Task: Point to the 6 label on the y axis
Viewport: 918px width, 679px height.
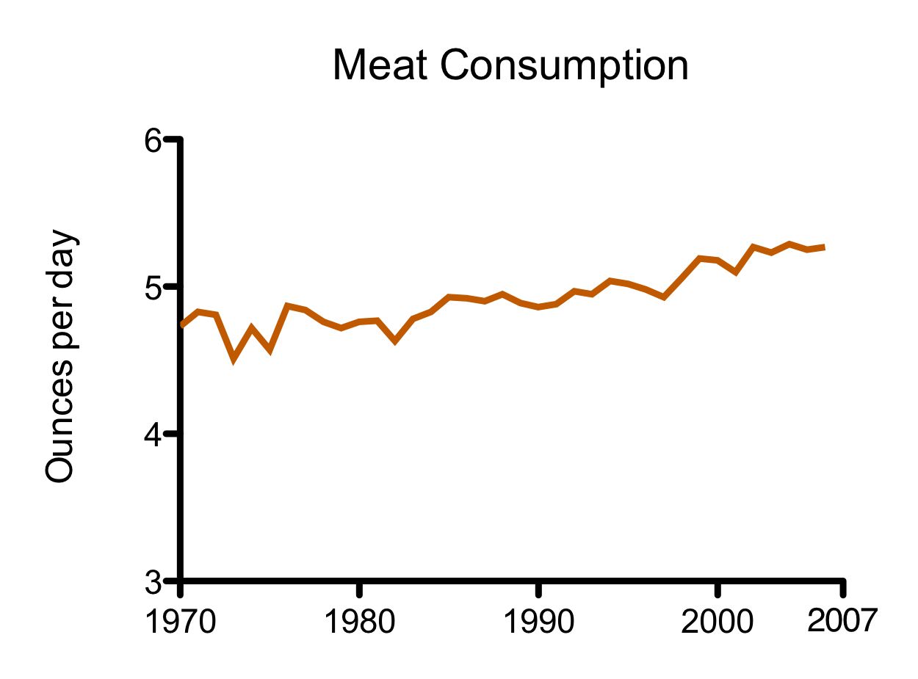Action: [x=152, y=141]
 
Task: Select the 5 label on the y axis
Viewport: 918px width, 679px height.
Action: [x=152, y=287]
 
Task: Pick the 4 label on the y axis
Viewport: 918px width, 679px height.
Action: [x=152, y=435]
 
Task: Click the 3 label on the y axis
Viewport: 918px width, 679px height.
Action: [x=152, y=583]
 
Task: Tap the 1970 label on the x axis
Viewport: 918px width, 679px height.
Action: [x=180, y=622]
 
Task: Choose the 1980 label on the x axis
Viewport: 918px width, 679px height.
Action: [x=359, y=622]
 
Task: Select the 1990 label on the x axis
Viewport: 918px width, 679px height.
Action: [x=539, y=622]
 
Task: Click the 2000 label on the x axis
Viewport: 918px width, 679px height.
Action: [x=718, y=622]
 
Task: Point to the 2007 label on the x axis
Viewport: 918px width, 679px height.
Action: [x=842, y=621]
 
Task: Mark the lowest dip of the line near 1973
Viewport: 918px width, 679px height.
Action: [x=234, y=358]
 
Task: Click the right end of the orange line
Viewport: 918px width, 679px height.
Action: [x=824, y=247]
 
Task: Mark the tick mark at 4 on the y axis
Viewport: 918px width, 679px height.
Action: [x=171, y=434]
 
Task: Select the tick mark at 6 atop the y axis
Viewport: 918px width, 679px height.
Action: [x=171, y=139]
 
